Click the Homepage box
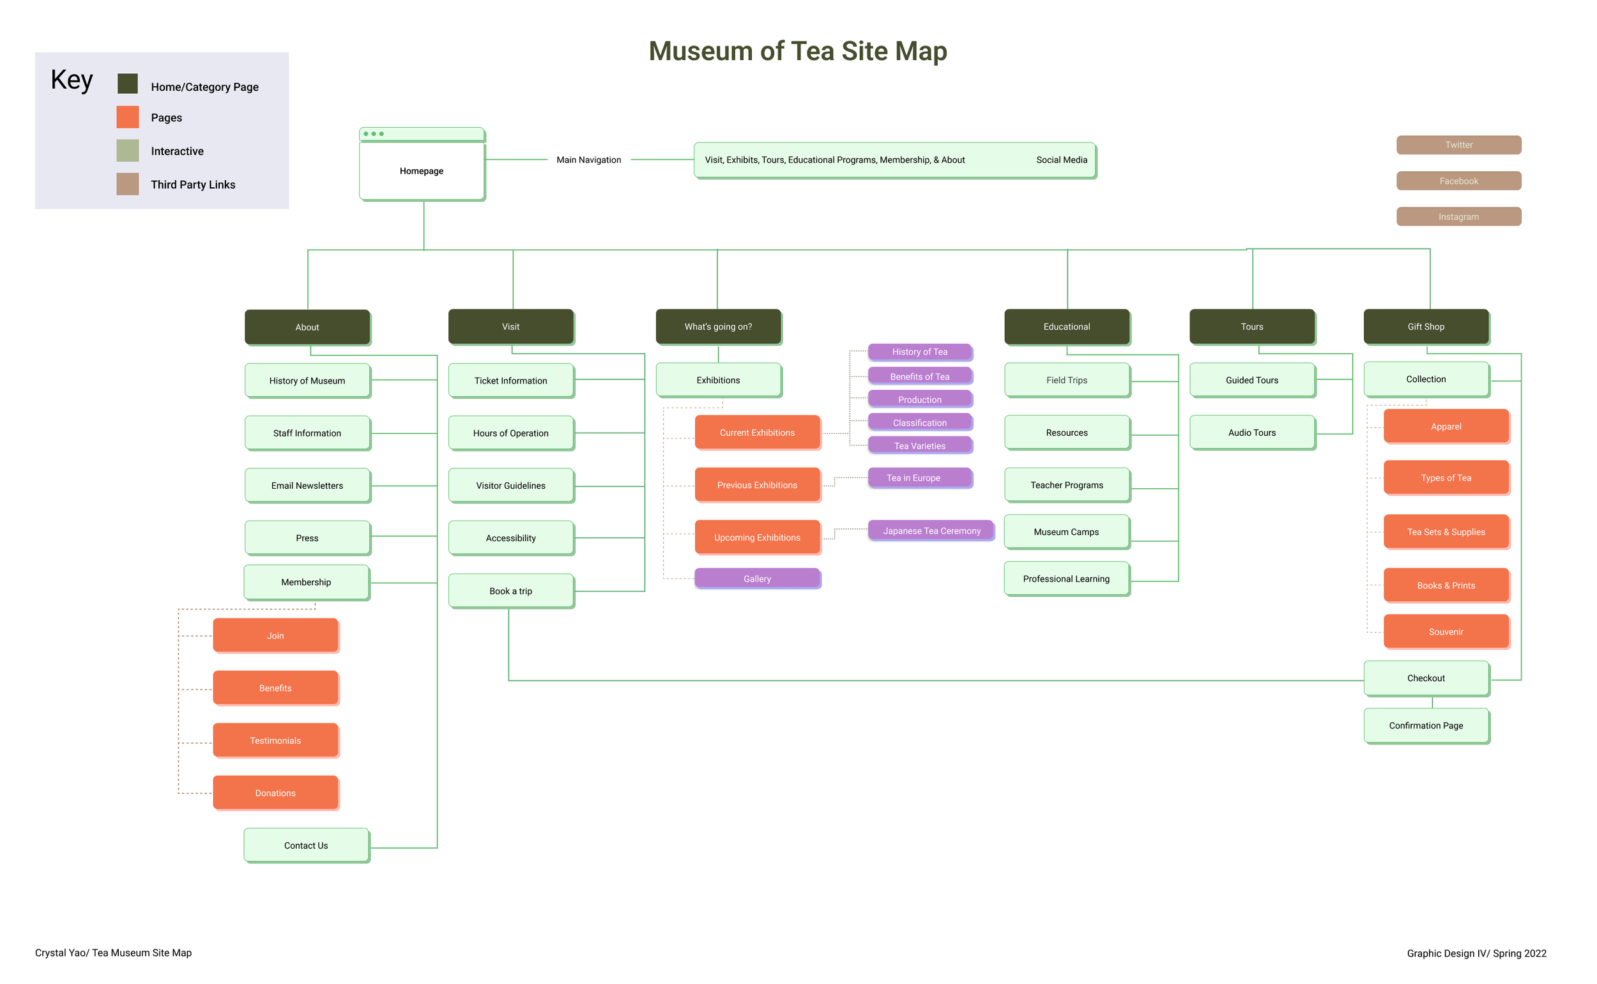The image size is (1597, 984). click(x=422, y=171)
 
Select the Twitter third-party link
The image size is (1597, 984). click(x=1458, y=144)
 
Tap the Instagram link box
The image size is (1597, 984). click(x=1458, y=217)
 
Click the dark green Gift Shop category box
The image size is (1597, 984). click(x=1425, y=327)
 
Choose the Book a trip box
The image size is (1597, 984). click(x=510, y=591)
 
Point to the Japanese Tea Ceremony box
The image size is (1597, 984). click(x=931, y=531)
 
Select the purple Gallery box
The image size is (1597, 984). click(x=757, y=578)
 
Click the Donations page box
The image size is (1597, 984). click(x=275, y=793)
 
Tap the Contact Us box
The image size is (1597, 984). click(x=306, y=845)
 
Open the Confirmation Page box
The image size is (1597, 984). click(x=1425, y=726)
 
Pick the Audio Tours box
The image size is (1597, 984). click(x=1251, y=433)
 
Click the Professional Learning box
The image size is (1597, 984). click(x=1066, y=578)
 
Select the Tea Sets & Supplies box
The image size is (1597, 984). click(x=1446, y=532)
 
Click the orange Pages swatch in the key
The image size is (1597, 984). click(x=128, y=118)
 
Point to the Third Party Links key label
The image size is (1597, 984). click(x=193, y=185)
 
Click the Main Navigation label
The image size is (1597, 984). click(x=589, y=160)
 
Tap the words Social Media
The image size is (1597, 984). click(x=1061, y=160)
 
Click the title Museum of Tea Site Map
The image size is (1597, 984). click(x=797, y=50)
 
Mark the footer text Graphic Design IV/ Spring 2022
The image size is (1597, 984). click(x=1476, y=953)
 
